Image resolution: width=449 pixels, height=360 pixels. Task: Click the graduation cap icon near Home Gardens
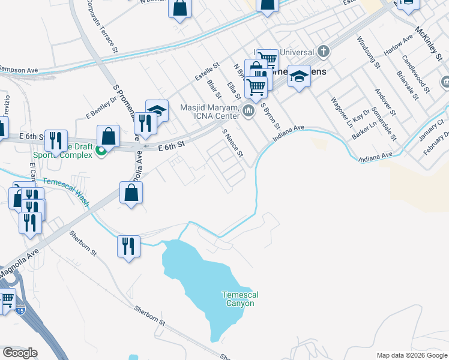tap(299, 76)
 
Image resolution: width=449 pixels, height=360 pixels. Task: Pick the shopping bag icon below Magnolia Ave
tap(131, 193)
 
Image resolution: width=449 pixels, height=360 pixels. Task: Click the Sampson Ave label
tap(19, 70)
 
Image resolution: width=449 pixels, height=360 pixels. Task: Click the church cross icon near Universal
tap(324, 50)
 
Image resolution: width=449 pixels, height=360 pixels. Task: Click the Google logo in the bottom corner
tap(20, 353)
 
